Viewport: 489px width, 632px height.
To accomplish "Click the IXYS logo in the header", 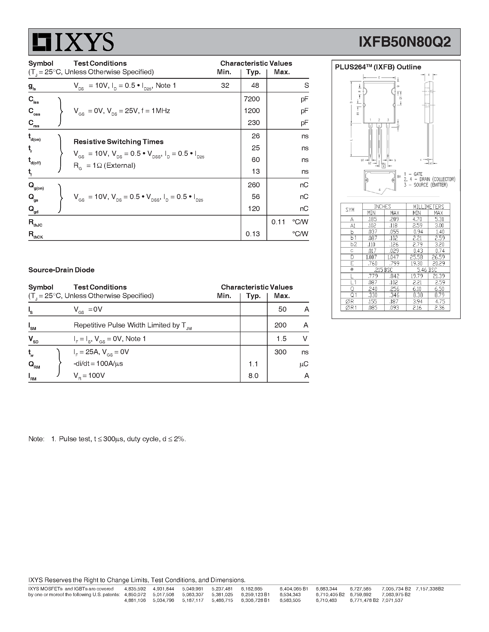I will click(73, 42).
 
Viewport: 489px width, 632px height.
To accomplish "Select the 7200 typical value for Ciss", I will click(252, 99).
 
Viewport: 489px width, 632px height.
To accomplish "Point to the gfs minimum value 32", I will click(225, 85).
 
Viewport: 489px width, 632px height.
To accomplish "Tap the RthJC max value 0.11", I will click(278, 222).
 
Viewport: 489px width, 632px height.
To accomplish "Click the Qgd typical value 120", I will click(254, 209).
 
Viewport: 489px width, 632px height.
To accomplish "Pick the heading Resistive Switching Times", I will click(119, 142).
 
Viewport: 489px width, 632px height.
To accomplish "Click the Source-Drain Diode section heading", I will click(61, 270).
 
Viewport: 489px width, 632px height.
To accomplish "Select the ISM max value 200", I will click(280, 325).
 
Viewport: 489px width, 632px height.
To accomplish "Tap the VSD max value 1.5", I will click(281, 339).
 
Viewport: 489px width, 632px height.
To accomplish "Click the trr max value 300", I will click(280, 352).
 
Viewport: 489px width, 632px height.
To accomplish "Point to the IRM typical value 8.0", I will click(253, 376).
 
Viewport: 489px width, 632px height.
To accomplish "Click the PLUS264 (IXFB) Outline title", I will click(378, 67).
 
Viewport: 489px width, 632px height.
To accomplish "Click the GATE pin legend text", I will click(418, 174).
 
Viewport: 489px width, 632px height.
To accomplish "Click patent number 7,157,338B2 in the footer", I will click(430, 589).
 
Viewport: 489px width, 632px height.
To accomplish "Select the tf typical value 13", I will click(255, 171).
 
